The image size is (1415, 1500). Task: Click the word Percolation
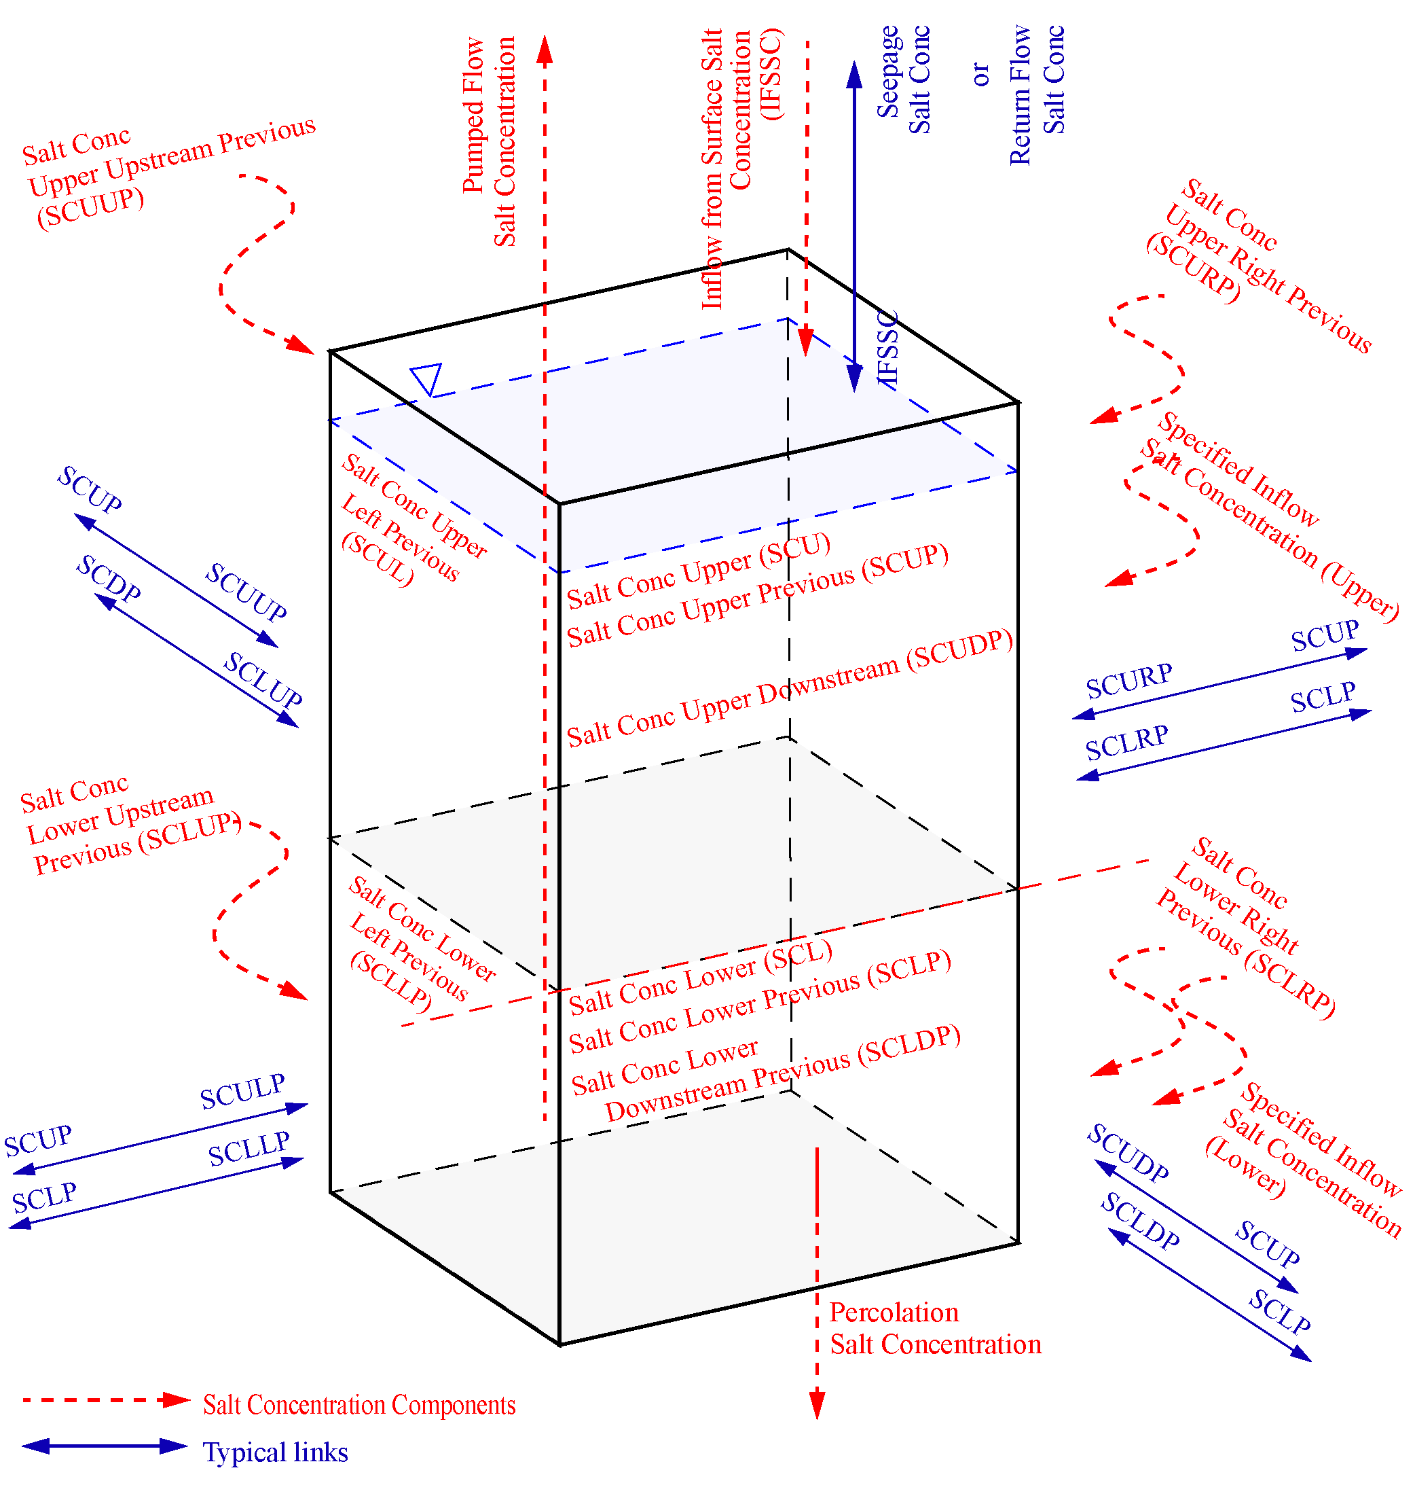pyautogui.click(x=894, y=1313)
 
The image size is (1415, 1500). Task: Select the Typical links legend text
pyautogui.click(x=275, y=1452)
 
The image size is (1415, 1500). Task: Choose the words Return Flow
pyautogui.click(x=1021, y=94)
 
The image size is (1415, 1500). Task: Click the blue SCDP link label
pyautogui.click(x=109, y=579)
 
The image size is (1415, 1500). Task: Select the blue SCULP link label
pyautogui.click(x=242, y=1091)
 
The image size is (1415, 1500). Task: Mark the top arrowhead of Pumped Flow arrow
pyautogui.click(x=545, y=48)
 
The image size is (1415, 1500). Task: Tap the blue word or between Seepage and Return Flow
pyautogui.click(x=980, y=74)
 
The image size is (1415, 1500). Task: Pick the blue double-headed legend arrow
pyautogui.click(x=106, y=1446)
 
